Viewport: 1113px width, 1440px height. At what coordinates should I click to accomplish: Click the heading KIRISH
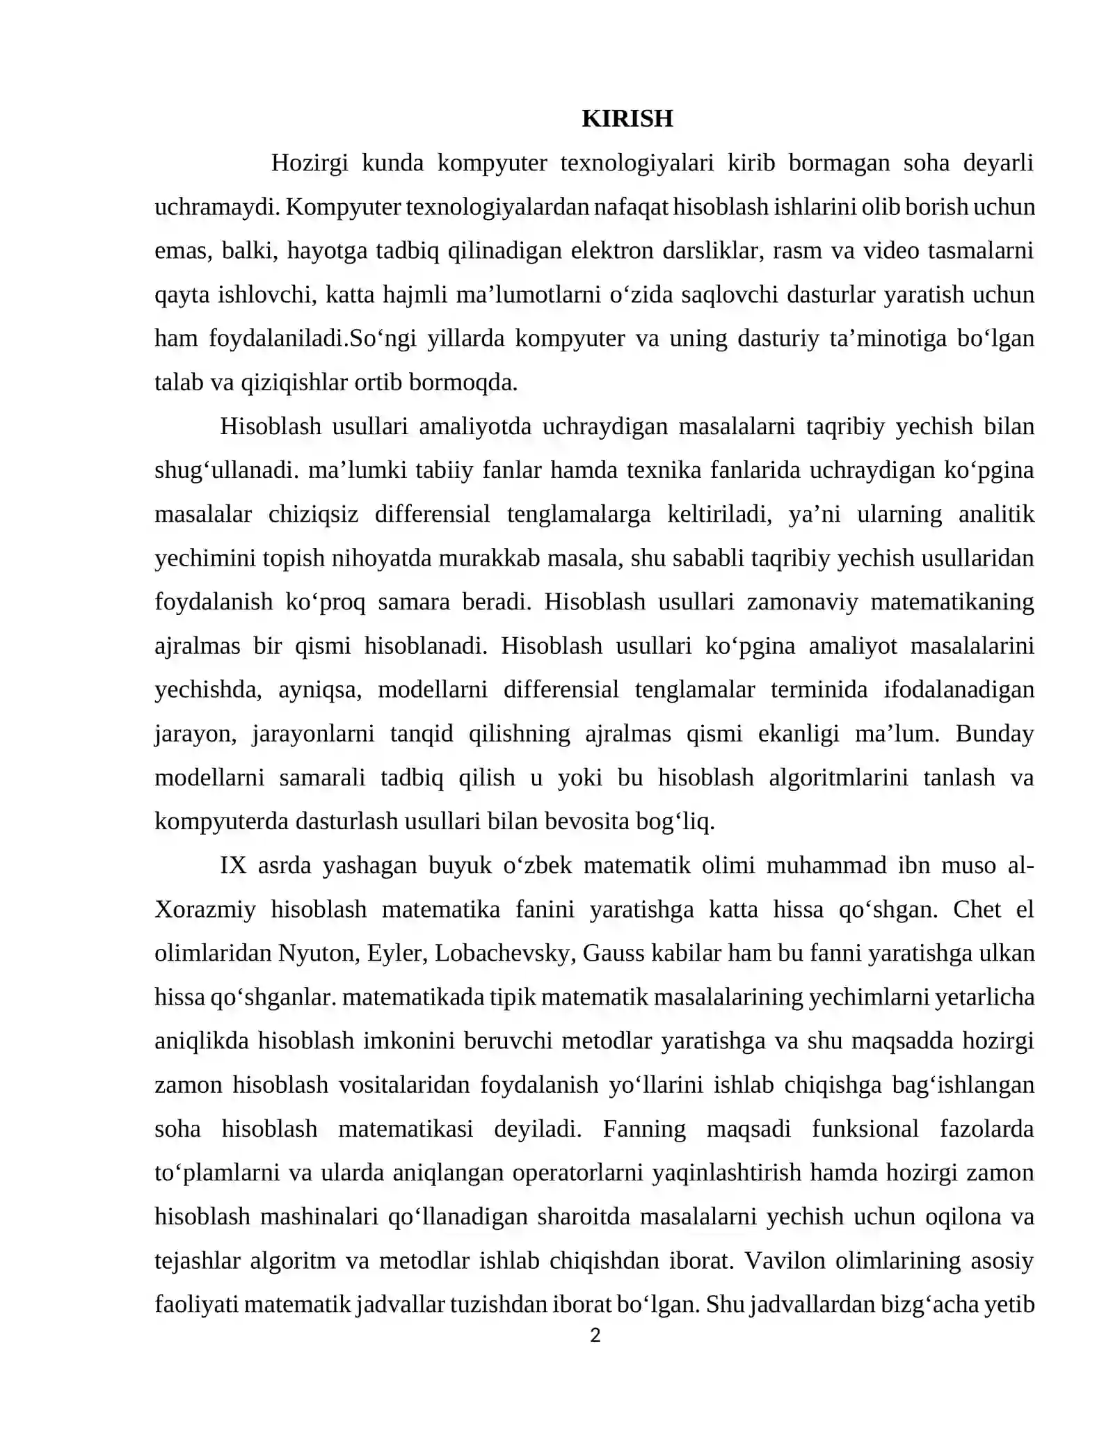pos(627,119)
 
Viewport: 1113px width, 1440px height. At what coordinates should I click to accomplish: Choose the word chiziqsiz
pos(313,515)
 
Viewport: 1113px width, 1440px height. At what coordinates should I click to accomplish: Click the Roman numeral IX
pos(233,866)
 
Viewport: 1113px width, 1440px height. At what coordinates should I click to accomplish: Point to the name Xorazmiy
pos(205,910)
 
